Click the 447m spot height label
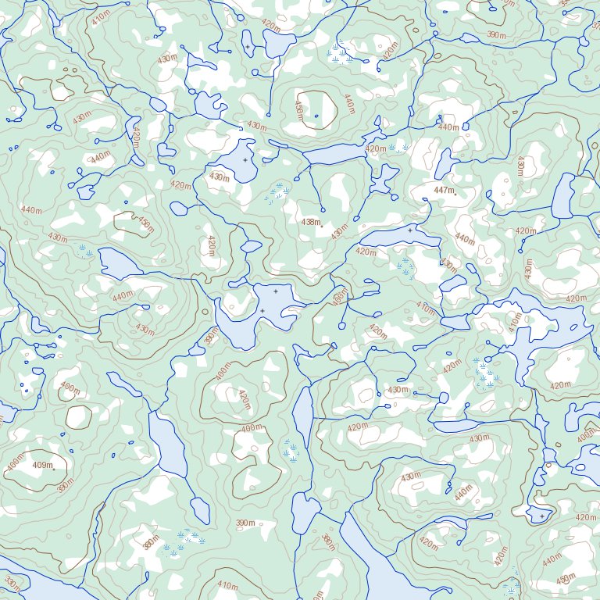coord(443,190)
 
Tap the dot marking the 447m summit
coord(455,194)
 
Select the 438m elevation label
coord(310,222)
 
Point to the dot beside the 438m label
coord(320,225)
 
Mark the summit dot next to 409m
coord(53,470)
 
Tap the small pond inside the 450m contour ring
coord(316,116)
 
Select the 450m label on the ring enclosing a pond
coord(298,110)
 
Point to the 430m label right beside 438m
coord(339,232)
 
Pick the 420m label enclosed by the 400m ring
coord(244,399)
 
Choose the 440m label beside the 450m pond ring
coord(349,102)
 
